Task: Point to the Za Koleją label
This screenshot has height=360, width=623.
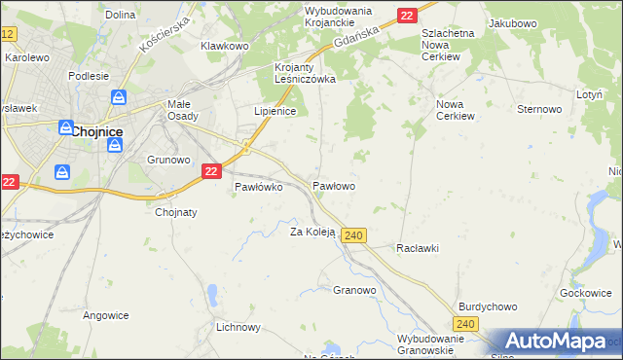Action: pos(312,233)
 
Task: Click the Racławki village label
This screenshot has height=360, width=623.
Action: pos(418,248)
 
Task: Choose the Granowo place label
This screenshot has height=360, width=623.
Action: pos(354,290)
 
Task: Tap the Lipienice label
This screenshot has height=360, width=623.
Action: pos(275,112)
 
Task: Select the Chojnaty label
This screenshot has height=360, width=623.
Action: pos(176,212)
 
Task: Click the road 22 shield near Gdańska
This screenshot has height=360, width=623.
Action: pos(407,15)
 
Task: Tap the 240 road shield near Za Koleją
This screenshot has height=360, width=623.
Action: pos(354,236)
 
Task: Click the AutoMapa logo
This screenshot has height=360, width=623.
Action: pos(552,341)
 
